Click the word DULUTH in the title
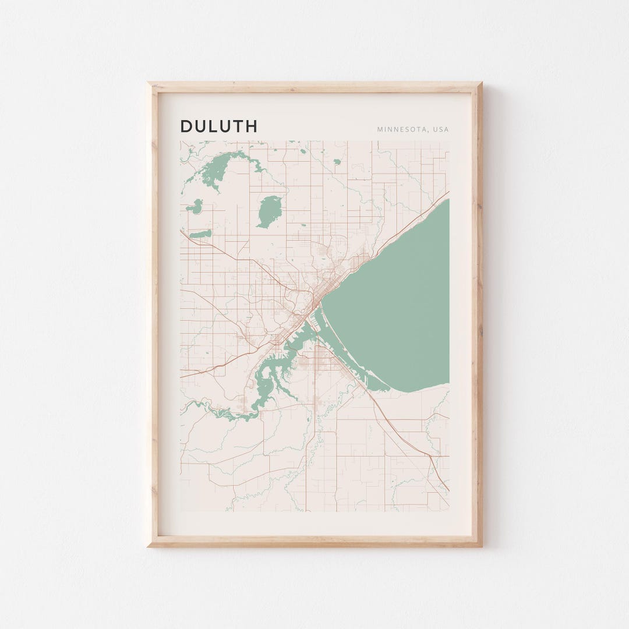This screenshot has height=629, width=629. pos(218,126)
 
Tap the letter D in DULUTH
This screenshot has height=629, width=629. pos(186,126)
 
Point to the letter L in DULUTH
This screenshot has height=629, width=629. pos(215,126)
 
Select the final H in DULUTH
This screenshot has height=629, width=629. pos(251,126)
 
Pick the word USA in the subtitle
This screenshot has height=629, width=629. pos(440,129)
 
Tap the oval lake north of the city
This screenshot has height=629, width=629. pos(269,211)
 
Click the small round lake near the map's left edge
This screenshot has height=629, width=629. pos(195,206)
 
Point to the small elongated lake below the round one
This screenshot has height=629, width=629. pos(201,234)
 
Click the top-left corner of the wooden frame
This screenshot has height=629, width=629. pos(150,84)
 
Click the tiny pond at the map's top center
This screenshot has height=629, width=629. pos(302,151)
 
